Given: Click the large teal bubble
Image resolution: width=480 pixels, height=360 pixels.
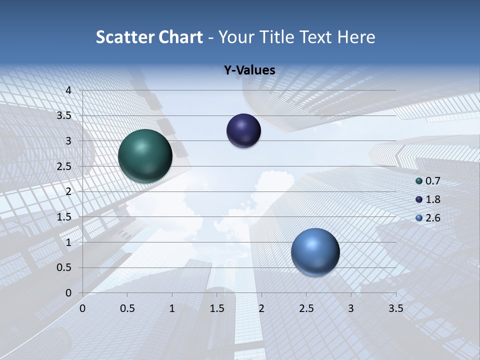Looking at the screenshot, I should pyautogui.click(x=145, y=156).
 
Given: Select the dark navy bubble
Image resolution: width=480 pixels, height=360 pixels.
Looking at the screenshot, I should pyautogui.click(x=243, y=130).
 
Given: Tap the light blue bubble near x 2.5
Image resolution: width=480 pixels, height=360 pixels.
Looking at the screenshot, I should pyautogui.click(x=315, y=252).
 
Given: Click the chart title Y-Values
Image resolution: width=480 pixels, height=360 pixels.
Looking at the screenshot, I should pyautogui.click(x=249, y=70).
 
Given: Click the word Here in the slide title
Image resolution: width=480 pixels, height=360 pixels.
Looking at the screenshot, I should pyautogui.click(x=356, y=37).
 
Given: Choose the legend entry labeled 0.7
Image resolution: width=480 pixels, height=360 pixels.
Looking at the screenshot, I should pyautogui.click(x=428, y=181).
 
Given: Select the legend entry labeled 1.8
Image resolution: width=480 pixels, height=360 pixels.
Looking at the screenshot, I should pyautogui.click(x=428, y=199).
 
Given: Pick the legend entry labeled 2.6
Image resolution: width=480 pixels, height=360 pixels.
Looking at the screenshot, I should pyautogui.click(x=428, y=218).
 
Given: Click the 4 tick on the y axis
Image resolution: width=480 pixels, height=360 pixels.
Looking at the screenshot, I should pyautogui.click(x=68, y=90).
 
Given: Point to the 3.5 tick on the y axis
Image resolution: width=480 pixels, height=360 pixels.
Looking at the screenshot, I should pyautogui.click(x=64, y=116).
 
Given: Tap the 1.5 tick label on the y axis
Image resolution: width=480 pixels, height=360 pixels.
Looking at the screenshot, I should pyautogui.click(x=64, y=217).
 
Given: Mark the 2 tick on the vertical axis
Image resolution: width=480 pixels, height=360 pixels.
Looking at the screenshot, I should pyautogui.click(x=68, y=191).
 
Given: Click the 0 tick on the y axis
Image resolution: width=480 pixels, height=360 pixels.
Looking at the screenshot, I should pyautogui.click(x=68, y=293).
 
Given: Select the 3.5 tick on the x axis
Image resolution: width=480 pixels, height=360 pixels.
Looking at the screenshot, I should pyautogui.click(x=395, y=309).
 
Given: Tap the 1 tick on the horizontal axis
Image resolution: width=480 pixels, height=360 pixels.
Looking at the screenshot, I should pyautogui.click(x=172, y=309).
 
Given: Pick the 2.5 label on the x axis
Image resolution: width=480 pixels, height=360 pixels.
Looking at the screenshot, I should pyautogui.click(x=306, y=309).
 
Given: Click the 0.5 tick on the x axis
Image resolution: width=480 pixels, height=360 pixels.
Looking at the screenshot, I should pyautogui.click(x=127, y=309).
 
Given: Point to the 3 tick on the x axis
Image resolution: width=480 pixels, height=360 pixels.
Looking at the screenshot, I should pyautogui.click(x=351, y=309).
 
